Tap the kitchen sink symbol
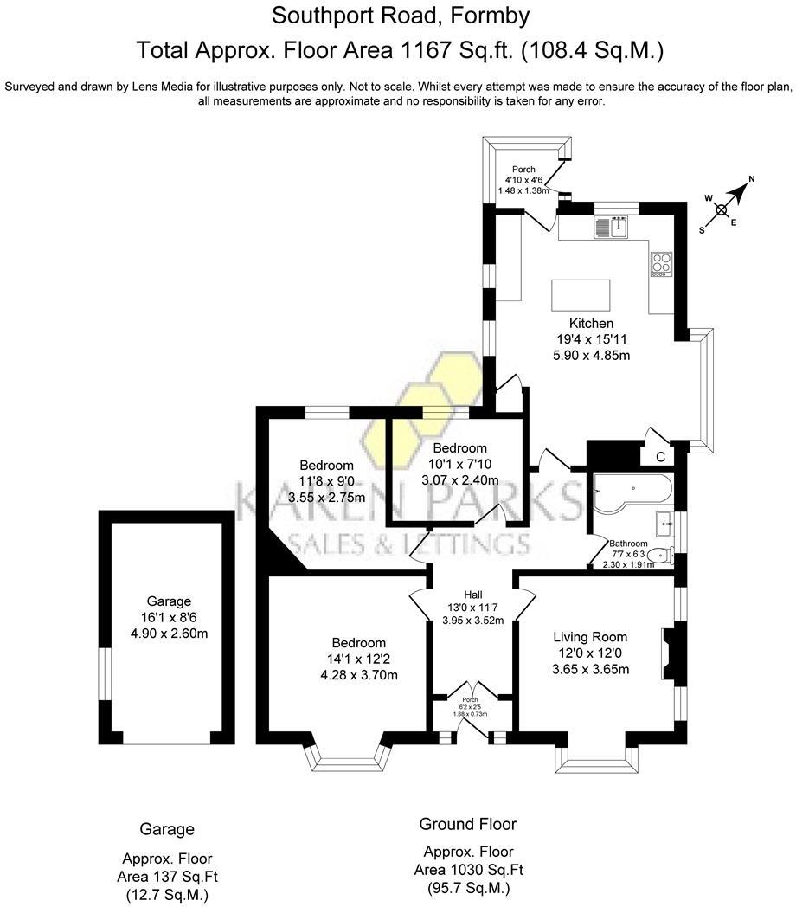click(612, 228)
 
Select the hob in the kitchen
click(661, 261)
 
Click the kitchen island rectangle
click(580, 294)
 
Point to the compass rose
click(722, 208)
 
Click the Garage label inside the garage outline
click(169, 601)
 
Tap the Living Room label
click(590, 638)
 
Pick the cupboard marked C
click(660, 456)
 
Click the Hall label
click(472, 595)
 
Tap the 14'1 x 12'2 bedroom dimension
click(358, 659)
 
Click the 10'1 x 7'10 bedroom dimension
click(460, 464)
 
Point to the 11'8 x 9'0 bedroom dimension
click(326, 481)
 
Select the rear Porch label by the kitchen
click(523, 170)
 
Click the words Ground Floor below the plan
click(467, 824)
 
